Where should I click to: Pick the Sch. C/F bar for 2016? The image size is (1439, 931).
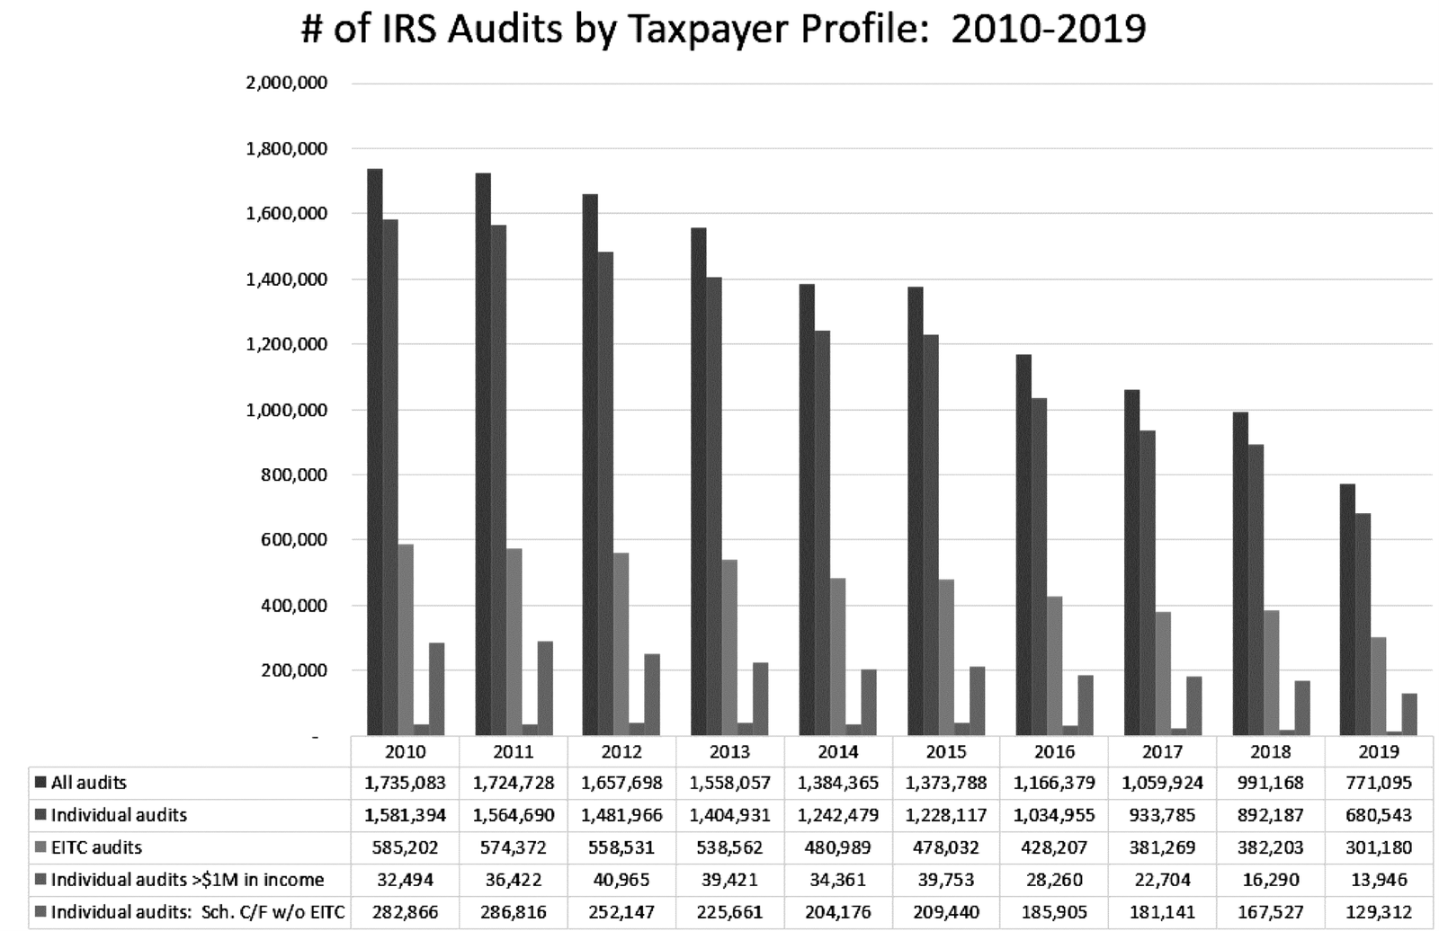pyautogui.click(x=1085, y=705)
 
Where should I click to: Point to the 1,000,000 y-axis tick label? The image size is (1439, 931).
pyautogui.click(x=286, y=410)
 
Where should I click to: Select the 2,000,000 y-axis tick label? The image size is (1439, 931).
pyautogui.click(x=286, y=83)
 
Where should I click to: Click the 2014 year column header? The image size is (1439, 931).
pyautogui.click(x=837, y=751)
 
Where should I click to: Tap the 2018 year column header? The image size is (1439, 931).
pyautogui.click(x=1270, y=751)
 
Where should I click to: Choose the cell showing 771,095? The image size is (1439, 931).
pyautogui.click(x=1378, y=783)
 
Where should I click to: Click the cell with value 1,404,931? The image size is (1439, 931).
pyautogui.click(x=729, y=815)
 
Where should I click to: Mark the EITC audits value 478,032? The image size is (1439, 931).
pyautogui.click(x=945, y=847)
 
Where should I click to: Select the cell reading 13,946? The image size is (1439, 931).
pyautogui.click(x=1378, y=880)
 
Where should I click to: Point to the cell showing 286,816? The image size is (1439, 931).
pyautogui.click(x=513, y=912)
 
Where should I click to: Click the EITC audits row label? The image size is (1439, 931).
pyautogui.click(x=96, y=847)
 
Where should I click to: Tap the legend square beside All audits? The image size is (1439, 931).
pyautogui.click(x=40, y=783)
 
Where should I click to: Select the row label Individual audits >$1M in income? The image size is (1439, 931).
pyautogui.click(x=187, y=880)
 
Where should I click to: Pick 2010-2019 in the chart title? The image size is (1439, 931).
pyautogui.click(x=1048, y=29)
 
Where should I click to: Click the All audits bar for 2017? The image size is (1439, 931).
pyautogui.click(x=1131, y=563)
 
